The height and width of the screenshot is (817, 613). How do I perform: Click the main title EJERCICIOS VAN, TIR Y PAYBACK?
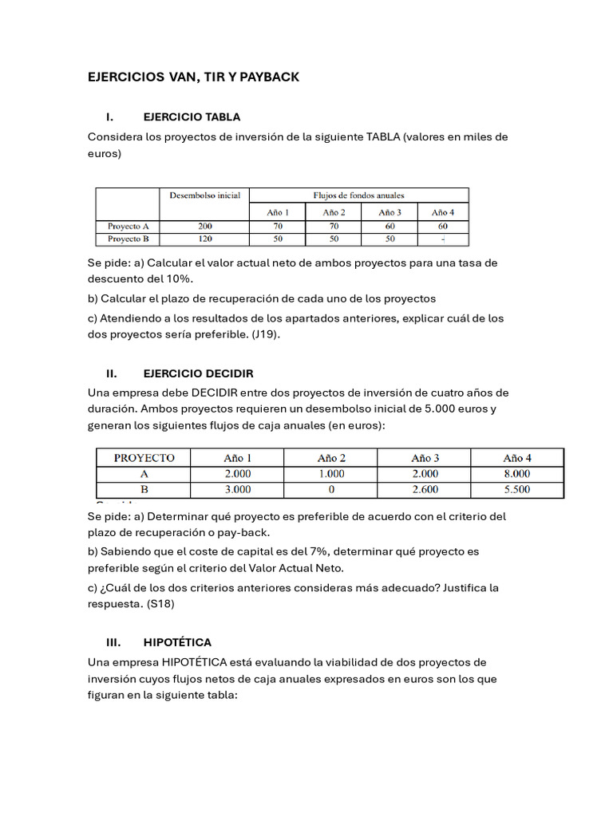click(193, 77)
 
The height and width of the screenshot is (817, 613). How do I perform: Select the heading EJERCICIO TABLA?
click(192, 116)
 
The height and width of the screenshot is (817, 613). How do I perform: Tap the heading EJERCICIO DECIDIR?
click(198, 373)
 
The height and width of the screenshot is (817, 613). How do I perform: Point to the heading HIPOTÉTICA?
click(177, 642)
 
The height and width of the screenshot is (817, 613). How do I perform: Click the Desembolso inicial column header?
click(204, 195)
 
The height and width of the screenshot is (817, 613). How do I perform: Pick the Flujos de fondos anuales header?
click(358, 195)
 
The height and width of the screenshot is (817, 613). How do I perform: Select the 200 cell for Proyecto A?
click(204, 226)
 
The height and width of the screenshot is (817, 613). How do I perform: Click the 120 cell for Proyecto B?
click(204, 239)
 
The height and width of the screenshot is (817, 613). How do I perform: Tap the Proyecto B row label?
click(128, 239)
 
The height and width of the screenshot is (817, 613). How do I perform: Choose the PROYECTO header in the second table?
click(144, 458)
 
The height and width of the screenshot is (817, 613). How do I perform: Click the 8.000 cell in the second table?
click(516, 474)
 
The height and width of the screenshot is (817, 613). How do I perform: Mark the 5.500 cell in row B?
click(516, 489)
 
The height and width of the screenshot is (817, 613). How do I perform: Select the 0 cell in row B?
click(330, 489)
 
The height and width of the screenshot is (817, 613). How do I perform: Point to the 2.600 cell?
click(424, 489)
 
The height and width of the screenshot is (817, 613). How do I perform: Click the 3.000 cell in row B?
click(237, 489)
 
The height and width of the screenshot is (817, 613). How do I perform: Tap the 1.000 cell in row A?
click(330, 474)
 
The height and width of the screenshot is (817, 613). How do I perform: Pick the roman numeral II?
click(112, 373)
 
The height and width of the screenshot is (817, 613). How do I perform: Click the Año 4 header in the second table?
click(516, 458)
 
